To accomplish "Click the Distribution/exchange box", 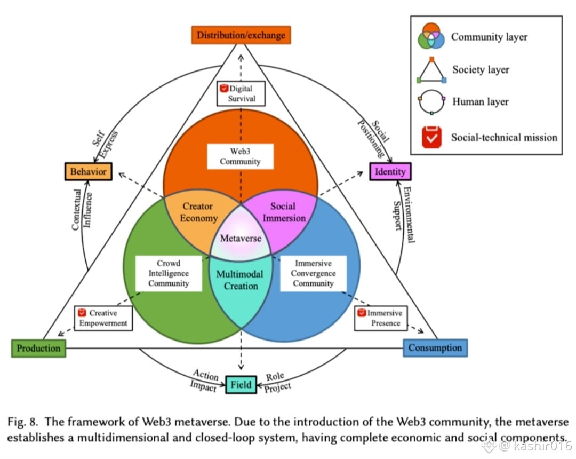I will coord(241,35).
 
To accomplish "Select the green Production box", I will coord(38,348).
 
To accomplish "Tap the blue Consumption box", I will coord(435,348).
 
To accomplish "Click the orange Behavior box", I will coord(89,171).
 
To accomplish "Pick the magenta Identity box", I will coord(390,171).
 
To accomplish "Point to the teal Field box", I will coord(241,384).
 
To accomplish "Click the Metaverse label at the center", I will coord(241,238).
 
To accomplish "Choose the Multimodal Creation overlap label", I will coord(241,280).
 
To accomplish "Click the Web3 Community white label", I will coord(241,156).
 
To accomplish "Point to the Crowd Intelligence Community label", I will coord(169,273).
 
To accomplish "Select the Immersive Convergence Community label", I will coord(313,273).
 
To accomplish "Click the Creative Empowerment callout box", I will coord(103,318).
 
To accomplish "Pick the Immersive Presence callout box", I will coord(382,318).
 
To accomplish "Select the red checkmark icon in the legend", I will coord(431,137).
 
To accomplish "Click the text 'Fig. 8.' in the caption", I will coord(25,422).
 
